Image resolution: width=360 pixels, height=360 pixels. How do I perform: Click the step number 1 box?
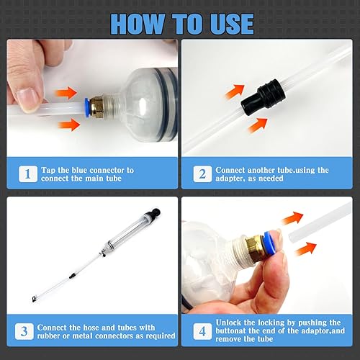coord(28,174)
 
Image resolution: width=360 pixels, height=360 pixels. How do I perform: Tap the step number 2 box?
coord(202,174)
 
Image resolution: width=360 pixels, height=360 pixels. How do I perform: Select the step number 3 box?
coord(24,331)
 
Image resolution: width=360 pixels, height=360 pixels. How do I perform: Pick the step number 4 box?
coord(202,331)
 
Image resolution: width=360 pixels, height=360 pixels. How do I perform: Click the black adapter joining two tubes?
coord(264,97)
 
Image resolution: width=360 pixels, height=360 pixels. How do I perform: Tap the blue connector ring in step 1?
coord(86,107)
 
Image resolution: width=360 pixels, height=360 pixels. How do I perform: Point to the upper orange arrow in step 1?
coord(66,93)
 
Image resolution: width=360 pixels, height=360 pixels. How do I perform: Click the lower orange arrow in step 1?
coord(69,125)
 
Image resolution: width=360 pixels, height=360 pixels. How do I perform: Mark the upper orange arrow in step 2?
coord(235,91)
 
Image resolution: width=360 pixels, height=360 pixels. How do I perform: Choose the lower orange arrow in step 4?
coord(305,249)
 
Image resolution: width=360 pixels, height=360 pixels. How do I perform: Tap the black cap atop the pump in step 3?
coord(156,212)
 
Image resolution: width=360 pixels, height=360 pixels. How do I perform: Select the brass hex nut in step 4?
coord(254,248)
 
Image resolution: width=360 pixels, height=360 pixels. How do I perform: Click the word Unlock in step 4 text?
coord(228,323)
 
